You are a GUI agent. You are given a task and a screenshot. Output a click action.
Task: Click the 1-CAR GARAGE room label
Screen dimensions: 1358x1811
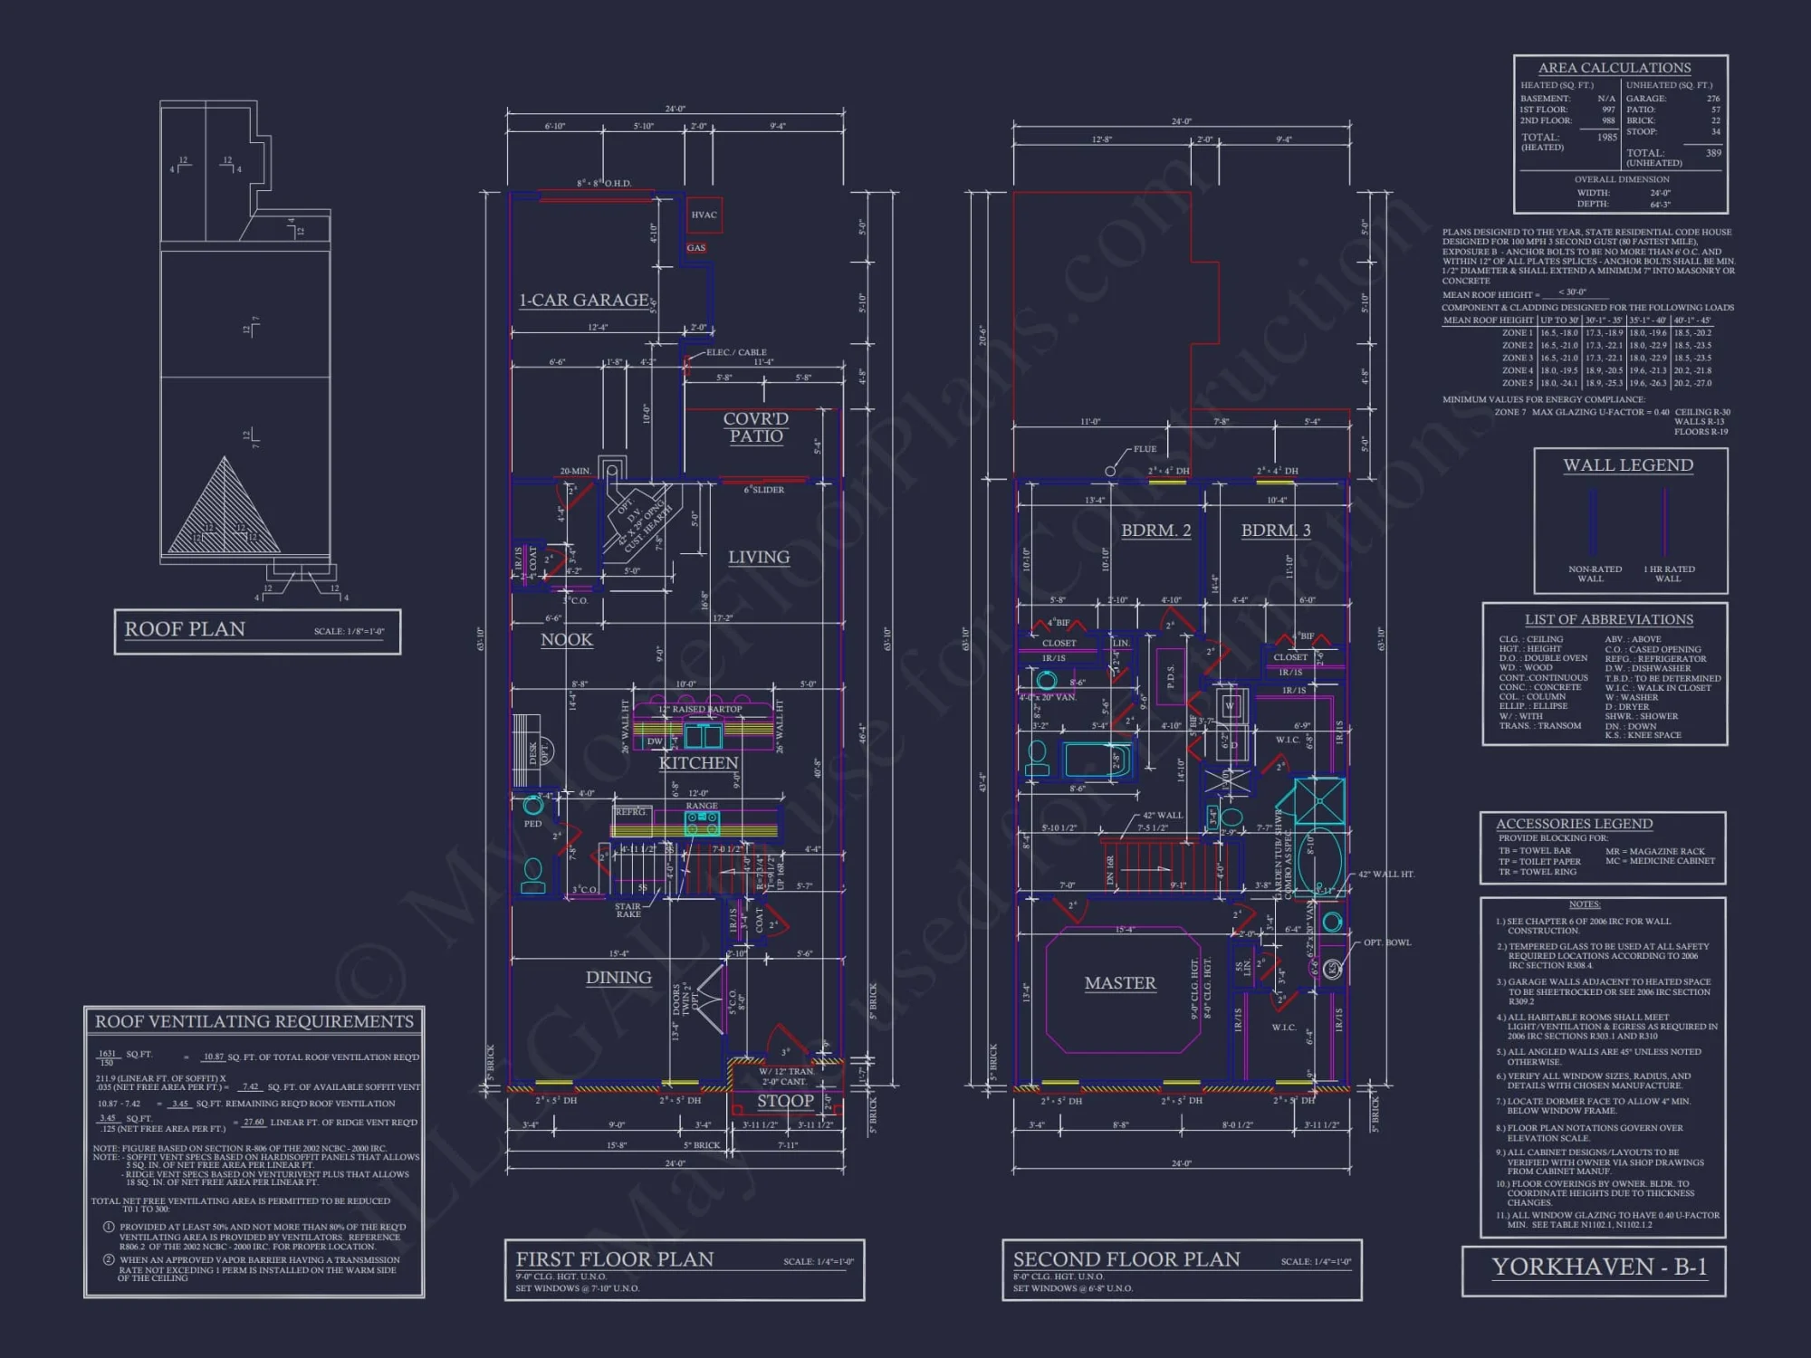click(584, 300)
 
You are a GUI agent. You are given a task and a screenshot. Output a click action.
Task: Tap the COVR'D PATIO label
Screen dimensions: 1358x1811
click(755, 427)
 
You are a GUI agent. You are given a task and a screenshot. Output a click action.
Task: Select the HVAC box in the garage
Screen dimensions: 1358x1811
click(704, 215)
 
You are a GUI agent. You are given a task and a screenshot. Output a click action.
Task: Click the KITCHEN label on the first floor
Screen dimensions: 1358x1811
click(698, 763)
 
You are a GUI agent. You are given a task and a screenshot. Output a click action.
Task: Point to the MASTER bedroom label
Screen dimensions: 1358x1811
click(1120, 983)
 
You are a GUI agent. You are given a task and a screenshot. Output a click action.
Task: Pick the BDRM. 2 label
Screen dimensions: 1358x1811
click(1155, 531)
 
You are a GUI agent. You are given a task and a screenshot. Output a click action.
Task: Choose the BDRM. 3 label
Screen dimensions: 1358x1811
click(1275, 531)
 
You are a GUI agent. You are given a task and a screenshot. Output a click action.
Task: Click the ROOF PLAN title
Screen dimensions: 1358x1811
click(185, 629)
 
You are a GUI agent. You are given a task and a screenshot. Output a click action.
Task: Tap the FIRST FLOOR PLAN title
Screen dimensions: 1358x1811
click(615, 1259)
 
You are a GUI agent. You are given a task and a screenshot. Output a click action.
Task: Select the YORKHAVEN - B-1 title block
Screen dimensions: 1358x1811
click(1599, 1267)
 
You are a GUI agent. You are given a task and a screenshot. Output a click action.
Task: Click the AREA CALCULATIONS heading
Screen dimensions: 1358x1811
click(1614, 68)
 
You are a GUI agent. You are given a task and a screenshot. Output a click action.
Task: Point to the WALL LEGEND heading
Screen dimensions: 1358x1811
click(1627, 465)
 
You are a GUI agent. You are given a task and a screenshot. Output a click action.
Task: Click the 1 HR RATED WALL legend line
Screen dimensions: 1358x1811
click(1664, 523)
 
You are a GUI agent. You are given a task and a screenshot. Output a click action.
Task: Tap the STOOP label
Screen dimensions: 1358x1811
click(785, 1101)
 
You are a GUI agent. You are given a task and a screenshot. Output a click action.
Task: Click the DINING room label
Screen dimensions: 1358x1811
click(618, 978)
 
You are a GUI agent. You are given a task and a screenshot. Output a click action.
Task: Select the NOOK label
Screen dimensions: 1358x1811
click(567, 640)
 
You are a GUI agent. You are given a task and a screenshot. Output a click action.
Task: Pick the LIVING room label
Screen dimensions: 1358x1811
click(759, 558)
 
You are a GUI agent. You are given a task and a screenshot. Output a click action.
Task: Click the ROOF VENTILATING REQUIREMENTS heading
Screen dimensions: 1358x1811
click(254, 1021)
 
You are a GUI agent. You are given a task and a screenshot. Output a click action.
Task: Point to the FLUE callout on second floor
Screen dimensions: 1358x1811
click(1145, 449)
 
